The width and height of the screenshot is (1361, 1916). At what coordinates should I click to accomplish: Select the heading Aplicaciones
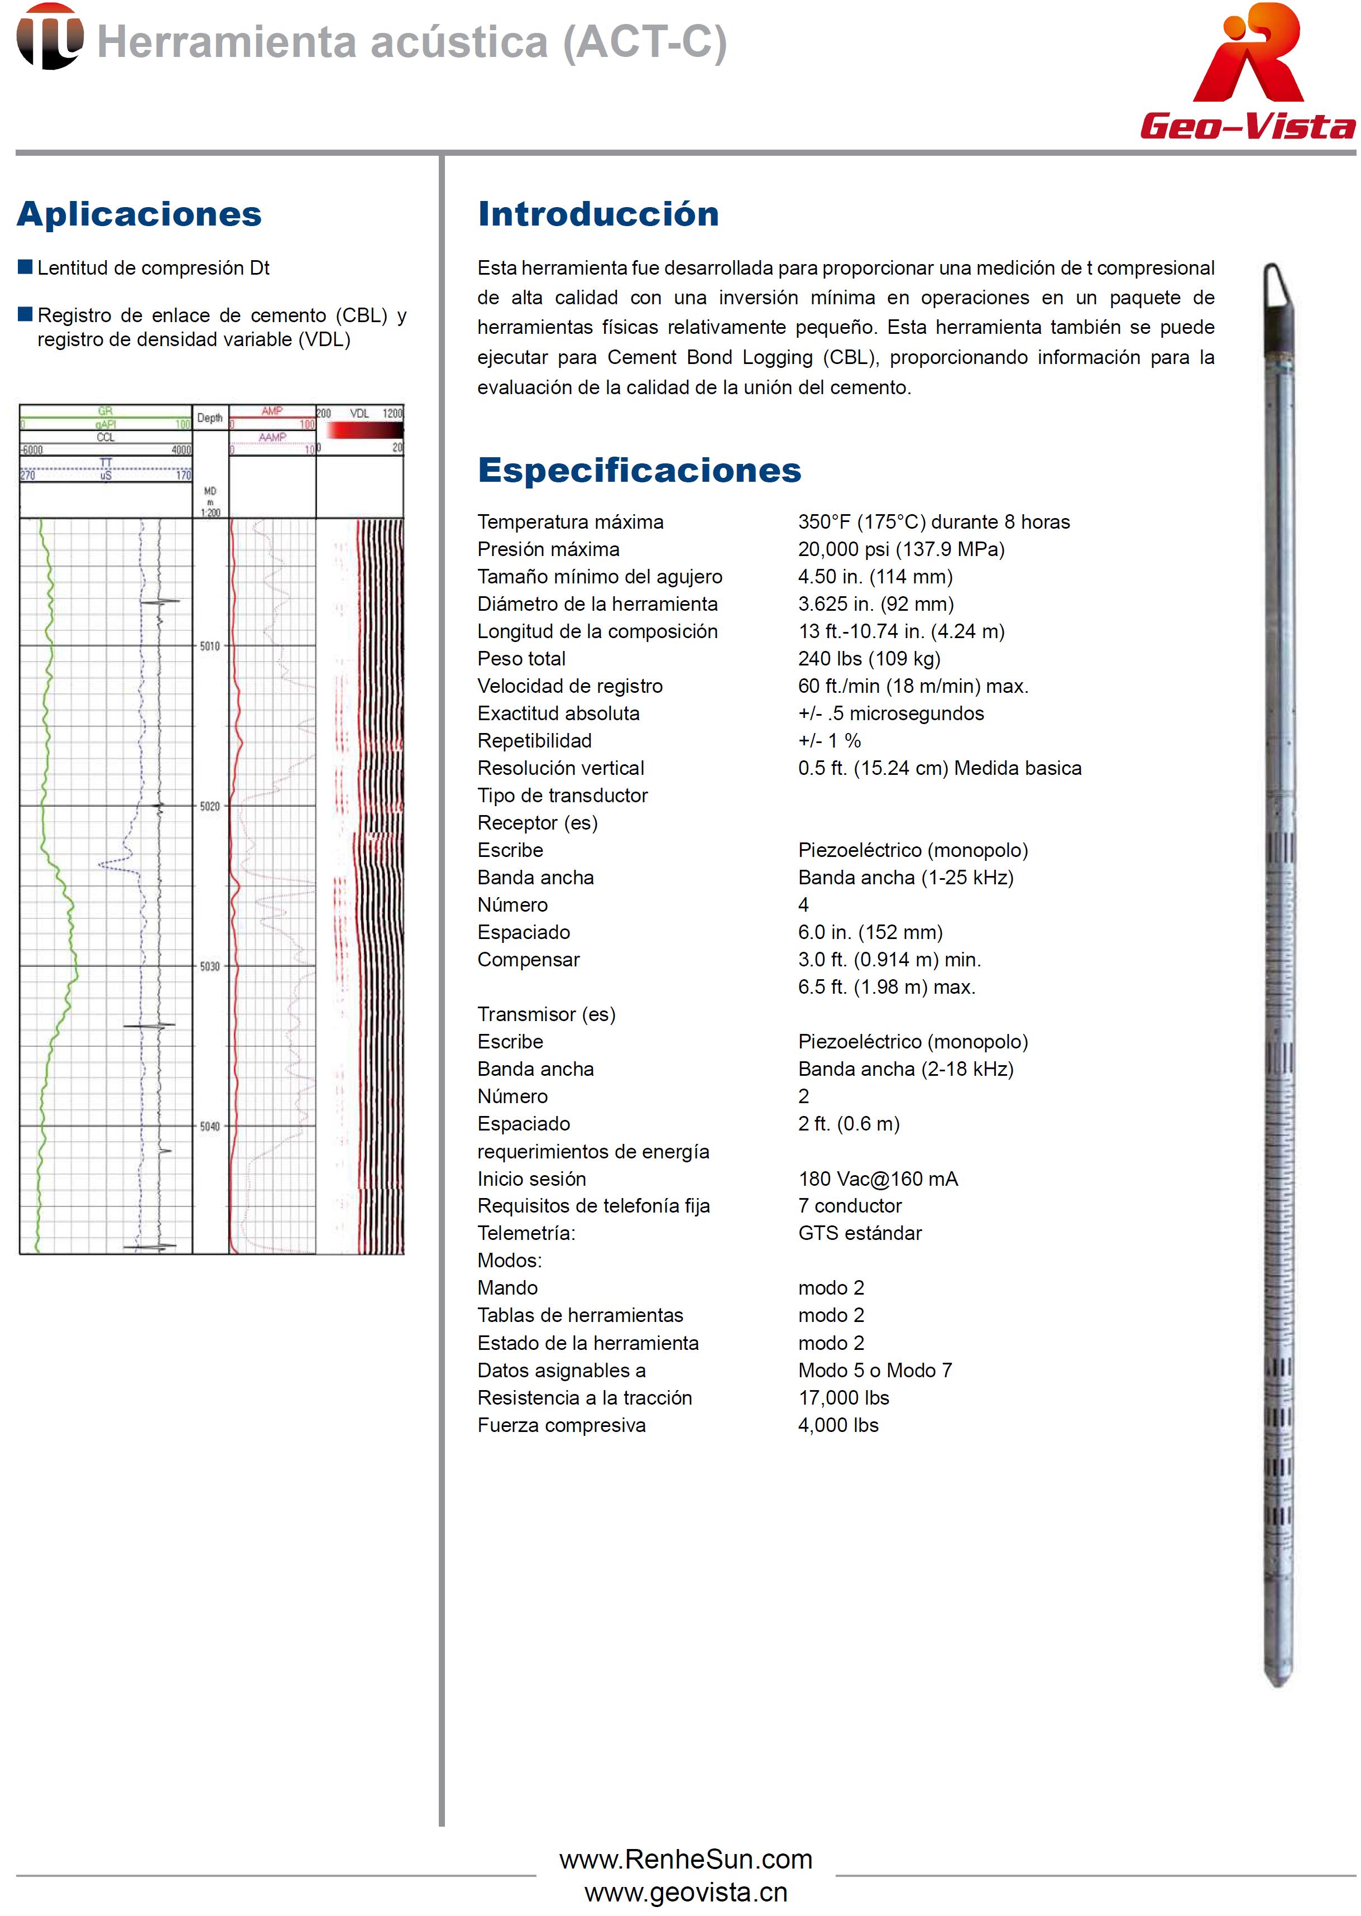tap(139, 214)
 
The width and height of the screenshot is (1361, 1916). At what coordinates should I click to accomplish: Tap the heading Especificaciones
tap(639, 471)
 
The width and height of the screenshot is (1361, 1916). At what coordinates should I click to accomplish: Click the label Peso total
tap(521, 659)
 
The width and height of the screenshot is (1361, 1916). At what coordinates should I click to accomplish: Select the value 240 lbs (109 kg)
tap(869, 659)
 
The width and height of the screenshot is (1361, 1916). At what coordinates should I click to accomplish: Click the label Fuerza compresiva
tap(562, 1426)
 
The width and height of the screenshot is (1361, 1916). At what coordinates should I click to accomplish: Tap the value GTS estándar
tap(859, 1234)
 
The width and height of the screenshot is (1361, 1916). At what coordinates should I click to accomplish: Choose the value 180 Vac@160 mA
tap(878, 1179)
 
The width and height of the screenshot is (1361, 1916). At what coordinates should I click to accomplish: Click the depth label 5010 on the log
tap(209, 646)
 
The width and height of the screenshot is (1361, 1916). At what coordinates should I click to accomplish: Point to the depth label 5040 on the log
tap(209, 1127)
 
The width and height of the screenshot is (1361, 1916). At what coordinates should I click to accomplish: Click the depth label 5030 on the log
tap(209, 966)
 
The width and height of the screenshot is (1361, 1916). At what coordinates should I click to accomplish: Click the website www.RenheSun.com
tap(686, 1859)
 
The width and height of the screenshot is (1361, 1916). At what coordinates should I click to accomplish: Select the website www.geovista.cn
tap(686, 1893)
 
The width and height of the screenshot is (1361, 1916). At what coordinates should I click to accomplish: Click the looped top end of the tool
tap(1274, 285)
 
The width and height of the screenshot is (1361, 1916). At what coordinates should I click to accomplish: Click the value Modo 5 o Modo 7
tap(875, 1371)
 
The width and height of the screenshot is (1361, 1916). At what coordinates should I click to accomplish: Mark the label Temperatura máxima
tap(570, 522)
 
